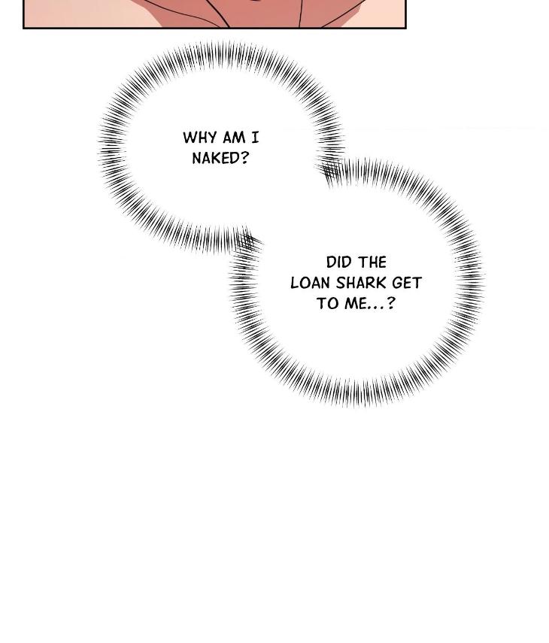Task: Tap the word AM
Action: click(x=234, y=138)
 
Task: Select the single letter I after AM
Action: click(x=255, y=138)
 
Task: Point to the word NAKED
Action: click(x=216, y=158)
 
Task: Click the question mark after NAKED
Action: click(x=244, y=158)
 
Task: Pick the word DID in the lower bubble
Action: click(x=338, y=262)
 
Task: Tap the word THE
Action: click(x=372, y=262)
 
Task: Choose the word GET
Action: click(x=407, y=283)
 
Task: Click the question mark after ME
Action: click(x=391, y=304)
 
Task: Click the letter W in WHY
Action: click(x=189, y=138)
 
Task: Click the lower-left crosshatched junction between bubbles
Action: click(x=246, y=242)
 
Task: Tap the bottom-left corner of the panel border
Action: click(x=23, y=28)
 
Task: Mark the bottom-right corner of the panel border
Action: click(x=406, y=28)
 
